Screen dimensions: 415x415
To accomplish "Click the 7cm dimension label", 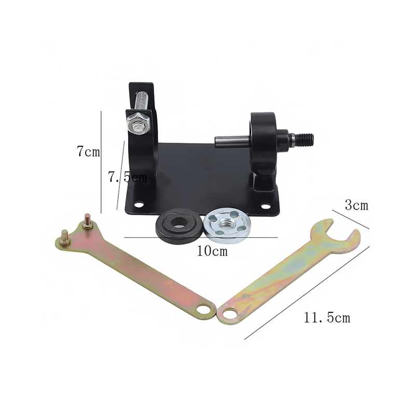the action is point(88,151).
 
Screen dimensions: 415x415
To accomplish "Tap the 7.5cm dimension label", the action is point(127,177).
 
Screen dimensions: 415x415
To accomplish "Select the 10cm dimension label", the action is point(212,251).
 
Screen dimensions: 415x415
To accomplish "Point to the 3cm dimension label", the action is point(356,205).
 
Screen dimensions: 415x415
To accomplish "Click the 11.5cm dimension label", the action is point(327,317).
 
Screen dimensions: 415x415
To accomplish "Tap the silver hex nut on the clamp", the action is point(138,123).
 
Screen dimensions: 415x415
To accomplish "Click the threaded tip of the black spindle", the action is point(305,139).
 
